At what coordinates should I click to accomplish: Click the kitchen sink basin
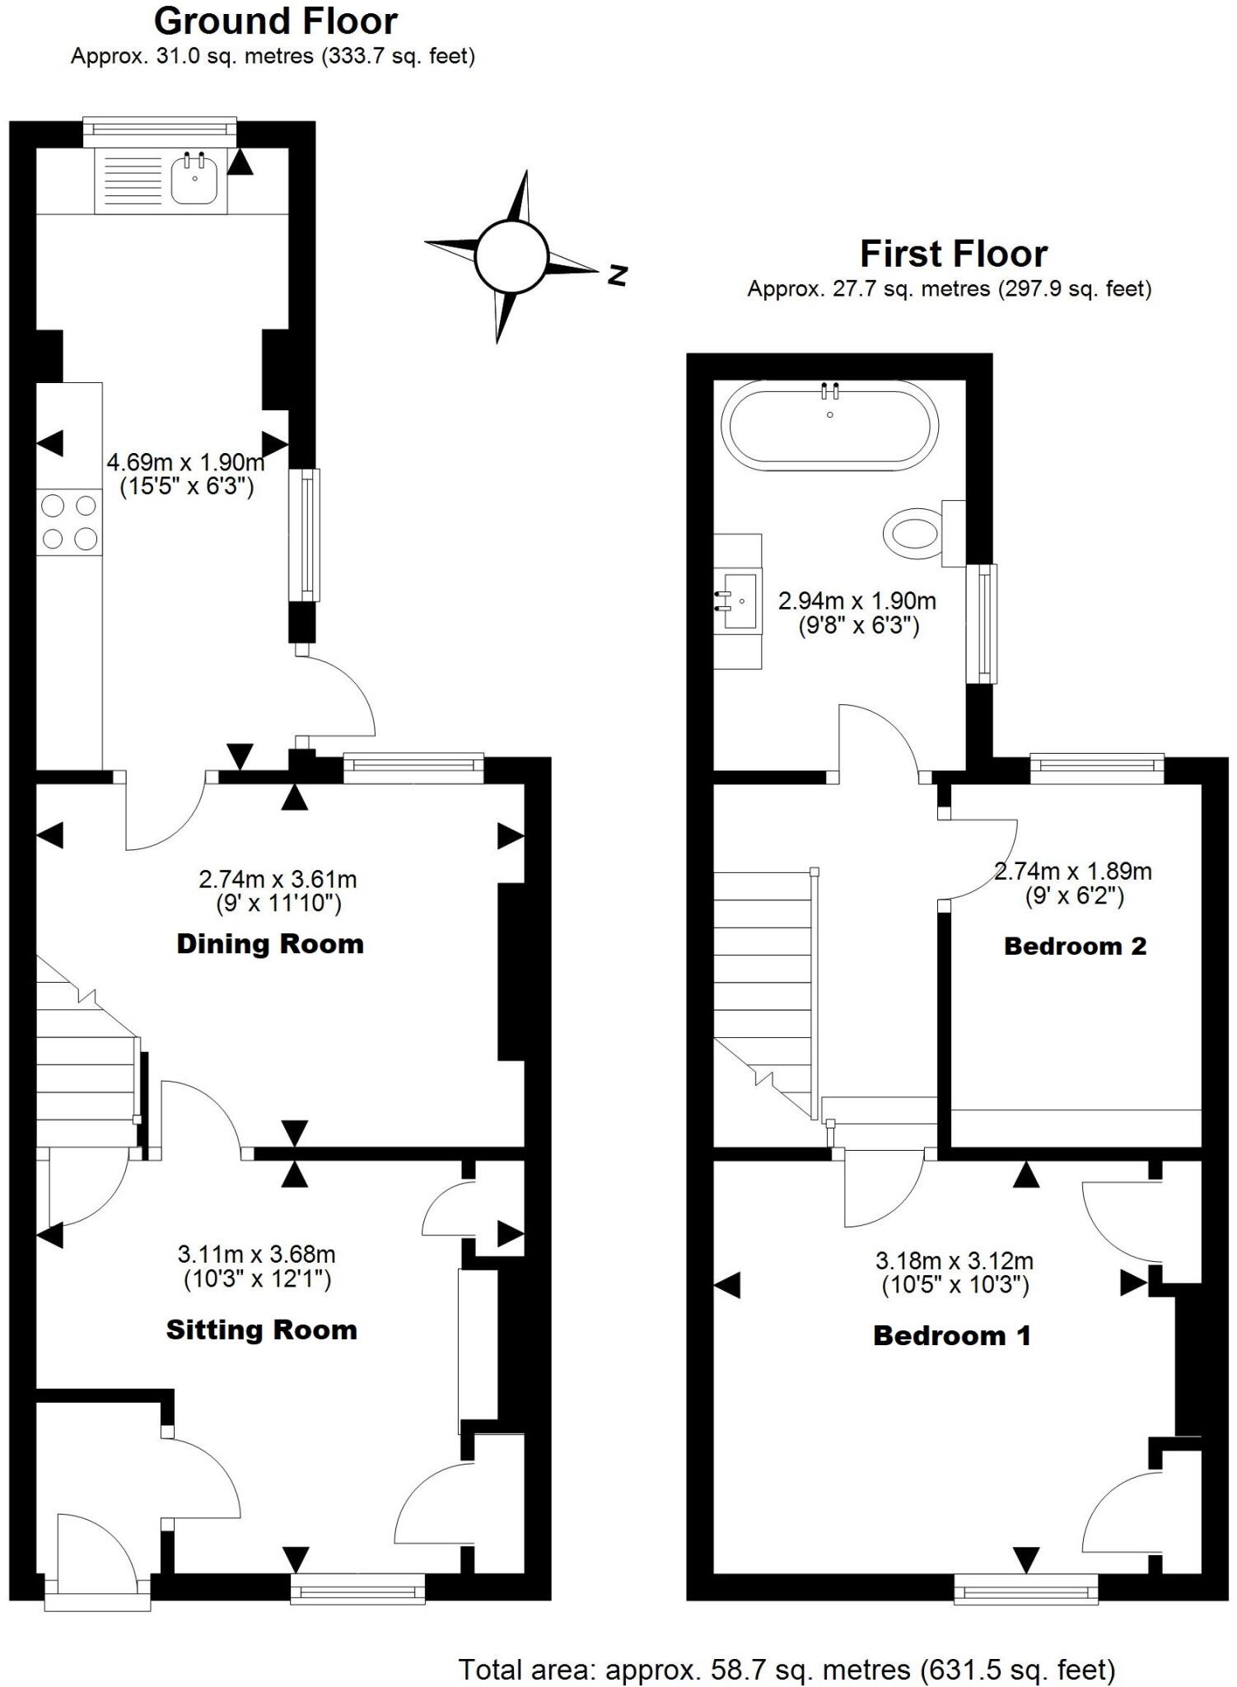coord(194,179)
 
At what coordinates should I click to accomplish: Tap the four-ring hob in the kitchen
coord(69,521)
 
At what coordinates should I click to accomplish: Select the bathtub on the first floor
coord(829,428)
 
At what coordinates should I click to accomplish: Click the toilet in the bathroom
coord(913,533)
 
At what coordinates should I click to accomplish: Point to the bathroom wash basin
coord(739,600)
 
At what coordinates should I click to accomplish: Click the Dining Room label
coord(270,944)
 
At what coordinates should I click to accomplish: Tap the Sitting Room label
coord(262,1330)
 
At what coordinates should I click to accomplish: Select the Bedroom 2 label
coord(1075,946)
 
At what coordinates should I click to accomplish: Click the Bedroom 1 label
coord(952,1335)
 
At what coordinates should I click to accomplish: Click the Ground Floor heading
coord(276,21)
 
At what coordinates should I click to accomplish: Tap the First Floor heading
coord(954,254)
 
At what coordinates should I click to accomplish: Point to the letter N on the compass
coord(618,275)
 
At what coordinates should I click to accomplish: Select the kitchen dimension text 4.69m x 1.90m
coord(186,462)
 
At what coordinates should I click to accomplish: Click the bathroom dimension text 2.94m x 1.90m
coord(857,600)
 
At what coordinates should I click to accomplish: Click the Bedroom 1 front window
coord(1025,1588)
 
